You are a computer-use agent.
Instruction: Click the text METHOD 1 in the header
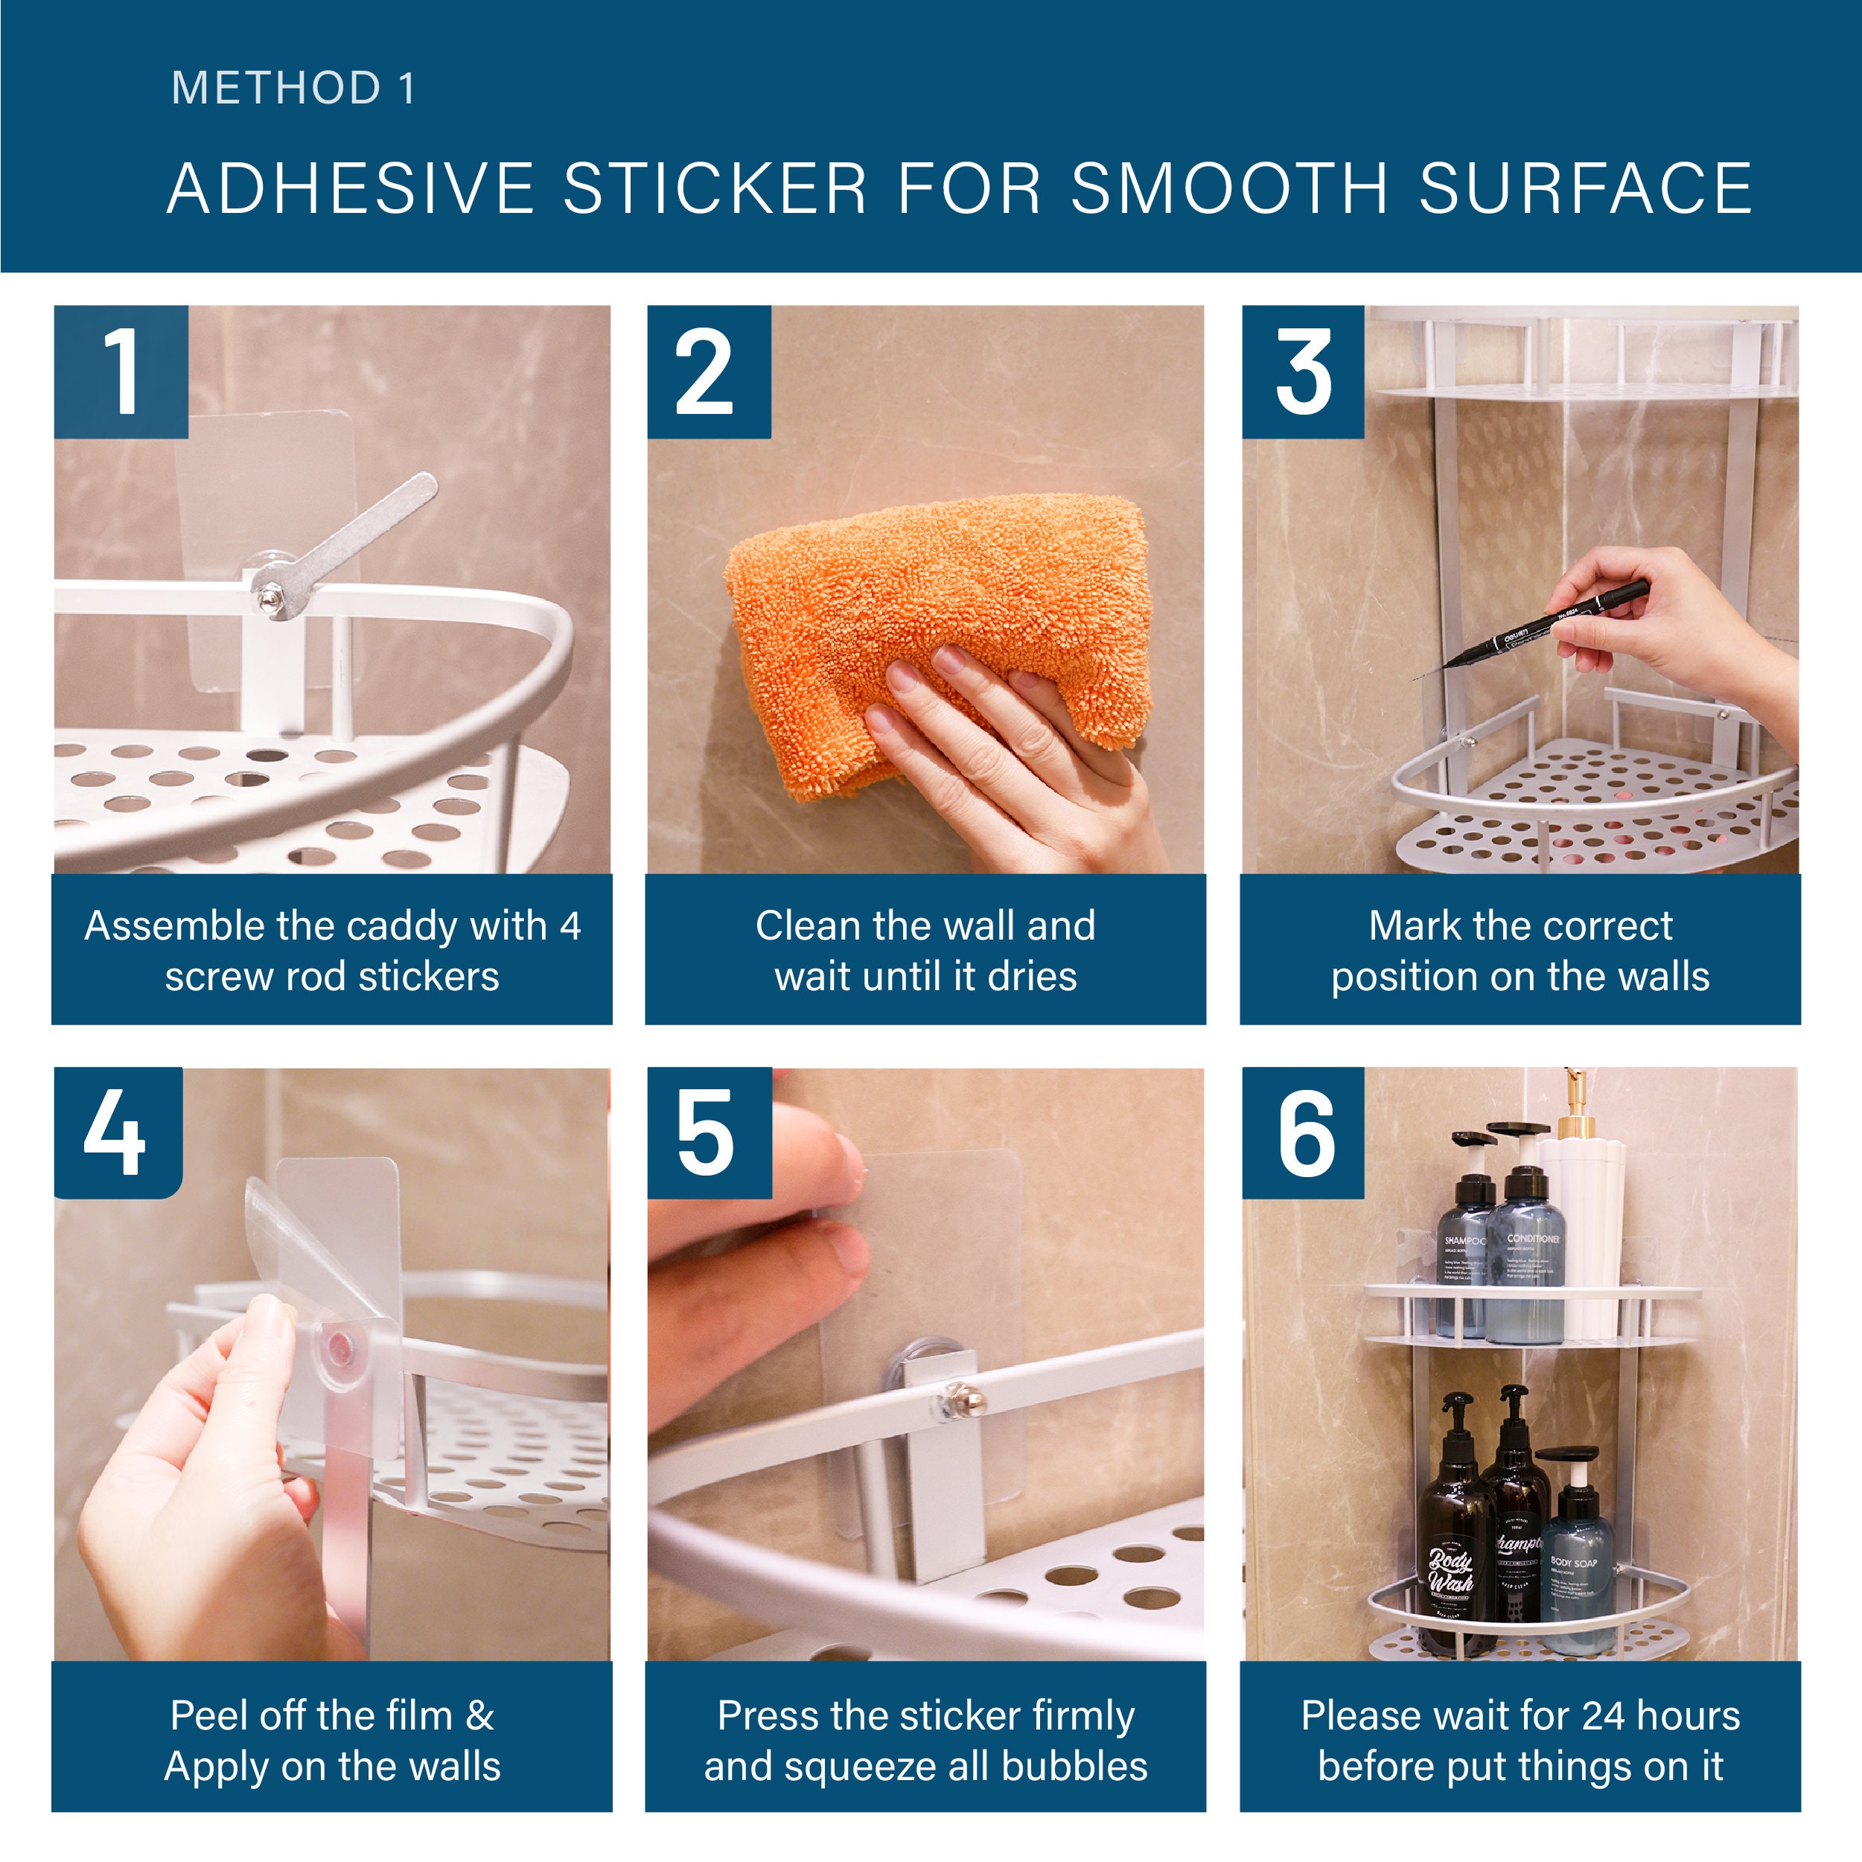[293, 89]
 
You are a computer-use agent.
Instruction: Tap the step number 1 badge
[121, 372]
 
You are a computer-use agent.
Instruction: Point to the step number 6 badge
[1303, 1133]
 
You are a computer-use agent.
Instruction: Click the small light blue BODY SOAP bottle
[1574, 1561]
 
